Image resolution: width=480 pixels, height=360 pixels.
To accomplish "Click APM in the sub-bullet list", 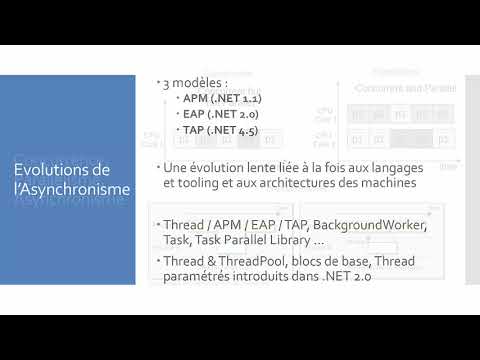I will click(x=194, y=98).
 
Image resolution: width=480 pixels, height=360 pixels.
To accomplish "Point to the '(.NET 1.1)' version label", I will click(x=236, y=98).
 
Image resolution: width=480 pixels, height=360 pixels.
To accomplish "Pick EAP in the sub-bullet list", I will click(x=193, y=114).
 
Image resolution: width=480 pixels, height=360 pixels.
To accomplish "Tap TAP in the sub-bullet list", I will click(x=193, y=130).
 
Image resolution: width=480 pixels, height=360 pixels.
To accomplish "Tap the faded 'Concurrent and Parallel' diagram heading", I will click(x=404, y=89).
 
